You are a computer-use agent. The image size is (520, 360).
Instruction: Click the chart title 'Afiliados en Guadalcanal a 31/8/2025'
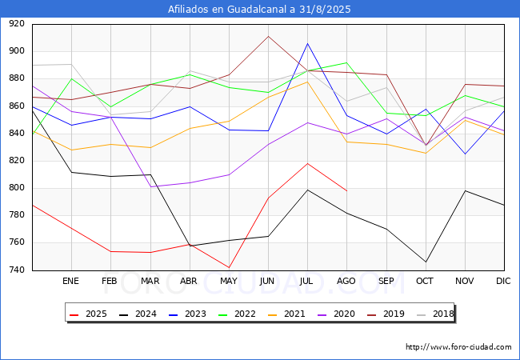coord(259,10)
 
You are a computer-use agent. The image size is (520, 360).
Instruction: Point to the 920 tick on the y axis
coord(16,24)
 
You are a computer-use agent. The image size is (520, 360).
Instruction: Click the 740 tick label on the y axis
coord(16,270)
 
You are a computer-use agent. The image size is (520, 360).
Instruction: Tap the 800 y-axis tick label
coord(16,188)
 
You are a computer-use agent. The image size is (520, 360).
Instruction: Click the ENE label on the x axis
coord(71,281)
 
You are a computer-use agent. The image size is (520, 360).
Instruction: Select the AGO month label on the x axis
coord(346,281)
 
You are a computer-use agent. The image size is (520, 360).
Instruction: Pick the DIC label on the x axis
coord(503,281)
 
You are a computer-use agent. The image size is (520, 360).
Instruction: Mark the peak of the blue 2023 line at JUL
coord(307,43)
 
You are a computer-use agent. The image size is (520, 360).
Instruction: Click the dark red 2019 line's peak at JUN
coord(268,36)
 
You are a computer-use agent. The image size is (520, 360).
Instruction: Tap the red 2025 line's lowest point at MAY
coord(229,268)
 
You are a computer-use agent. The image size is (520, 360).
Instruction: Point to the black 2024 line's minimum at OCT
coord(425,262)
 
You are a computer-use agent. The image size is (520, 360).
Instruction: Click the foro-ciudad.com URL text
coord(458,347)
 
